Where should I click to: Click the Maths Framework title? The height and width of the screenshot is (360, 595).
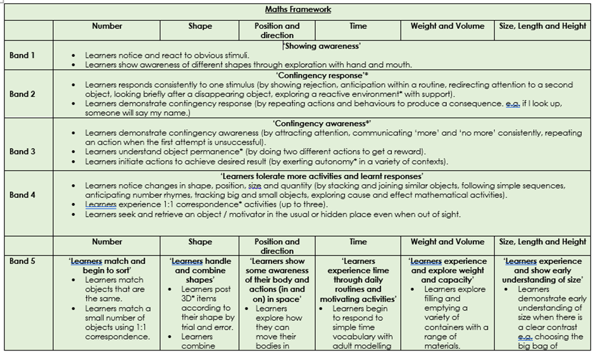tap(297, 10)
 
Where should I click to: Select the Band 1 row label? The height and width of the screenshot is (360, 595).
tap(22, 55)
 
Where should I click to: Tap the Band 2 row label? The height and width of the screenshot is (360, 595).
tap(22, 94)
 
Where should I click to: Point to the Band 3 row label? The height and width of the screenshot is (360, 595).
tap(22, 151)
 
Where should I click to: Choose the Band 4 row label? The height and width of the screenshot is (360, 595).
tap(22, 195)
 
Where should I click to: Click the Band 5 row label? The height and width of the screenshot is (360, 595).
tap(22, 261)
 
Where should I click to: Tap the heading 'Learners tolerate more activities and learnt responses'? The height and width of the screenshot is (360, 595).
tap(322, 176)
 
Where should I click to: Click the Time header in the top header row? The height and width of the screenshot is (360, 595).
tap(358, 26)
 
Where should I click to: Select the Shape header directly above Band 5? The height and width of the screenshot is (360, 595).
tap(200, 242)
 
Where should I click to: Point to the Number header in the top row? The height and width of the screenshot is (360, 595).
tap(107, 26)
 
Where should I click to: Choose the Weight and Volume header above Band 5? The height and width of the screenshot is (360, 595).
tap(447, 242)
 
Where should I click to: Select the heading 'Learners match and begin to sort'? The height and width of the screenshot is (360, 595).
tap(107, 266)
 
